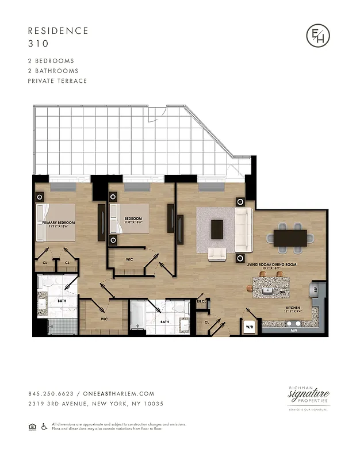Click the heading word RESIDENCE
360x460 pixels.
point(58,30)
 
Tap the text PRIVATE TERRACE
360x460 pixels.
point(58,81)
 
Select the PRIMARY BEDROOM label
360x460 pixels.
point(59,222)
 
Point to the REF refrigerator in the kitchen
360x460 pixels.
point(315,289)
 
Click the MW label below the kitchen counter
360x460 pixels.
point(293,331)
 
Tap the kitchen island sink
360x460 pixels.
point(266,291)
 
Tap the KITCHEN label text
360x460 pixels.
point(293,308)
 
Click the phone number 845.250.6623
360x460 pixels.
point(51,394)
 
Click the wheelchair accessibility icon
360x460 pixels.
point(44,426)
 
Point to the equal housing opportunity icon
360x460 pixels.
point(32,426)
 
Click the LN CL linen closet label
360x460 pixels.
point(201,301)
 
